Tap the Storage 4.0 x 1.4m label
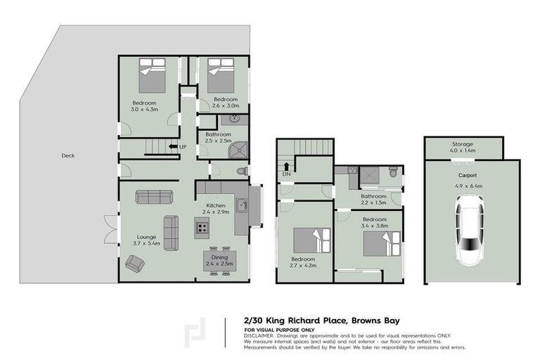click(463, 147)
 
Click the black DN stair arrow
click(287, 167)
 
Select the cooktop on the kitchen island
click(202, 226)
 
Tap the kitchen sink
click(241, 206)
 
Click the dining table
click(221, 260)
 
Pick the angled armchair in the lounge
click(134, 264)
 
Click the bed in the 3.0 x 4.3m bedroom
click(152, 76)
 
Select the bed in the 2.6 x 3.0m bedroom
click(221, 76)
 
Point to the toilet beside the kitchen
click(240, 171)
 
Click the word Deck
click(67, 156)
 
